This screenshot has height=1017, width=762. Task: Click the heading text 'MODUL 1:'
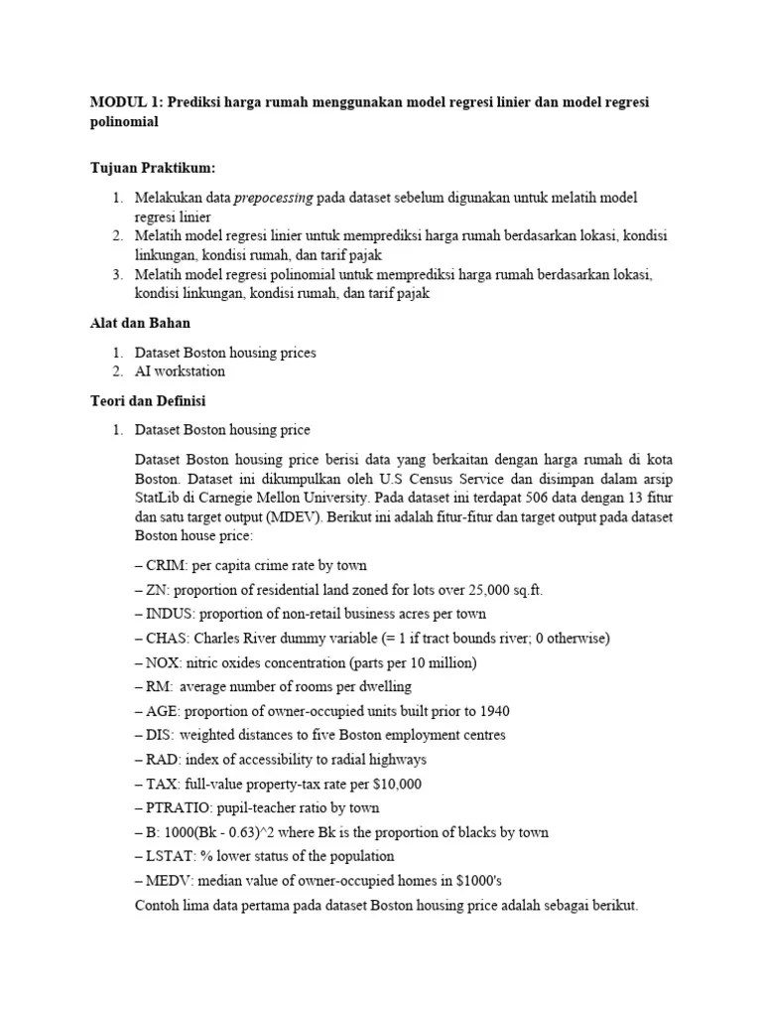[126, 103]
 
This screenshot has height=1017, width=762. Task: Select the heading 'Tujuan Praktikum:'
[152, 168]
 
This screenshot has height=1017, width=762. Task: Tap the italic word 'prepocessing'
[273, 198]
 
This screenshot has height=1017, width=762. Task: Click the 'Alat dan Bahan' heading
[140, 323]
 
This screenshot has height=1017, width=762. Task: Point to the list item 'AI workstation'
[180, 371]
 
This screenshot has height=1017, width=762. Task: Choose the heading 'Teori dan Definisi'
[148, 400]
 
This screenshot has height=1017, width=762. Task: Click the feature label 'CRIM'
[165, 566]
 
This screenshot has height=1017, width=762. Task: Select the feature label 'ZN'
[157, 590]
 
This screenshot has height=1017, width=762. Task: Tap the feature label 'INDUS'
[168, 614]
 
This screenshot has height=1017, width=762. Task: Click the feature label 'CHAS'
[167, 638]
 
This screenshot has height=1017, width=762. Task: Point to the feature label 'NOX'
[164, 662]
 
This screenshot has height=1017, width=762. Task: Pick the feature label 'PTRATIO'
[178, 807]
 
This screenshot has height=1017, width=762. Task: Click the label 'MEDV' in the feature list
[169, 880]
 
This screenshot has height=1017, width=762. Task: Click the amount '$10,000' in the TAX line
[395, 784]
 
